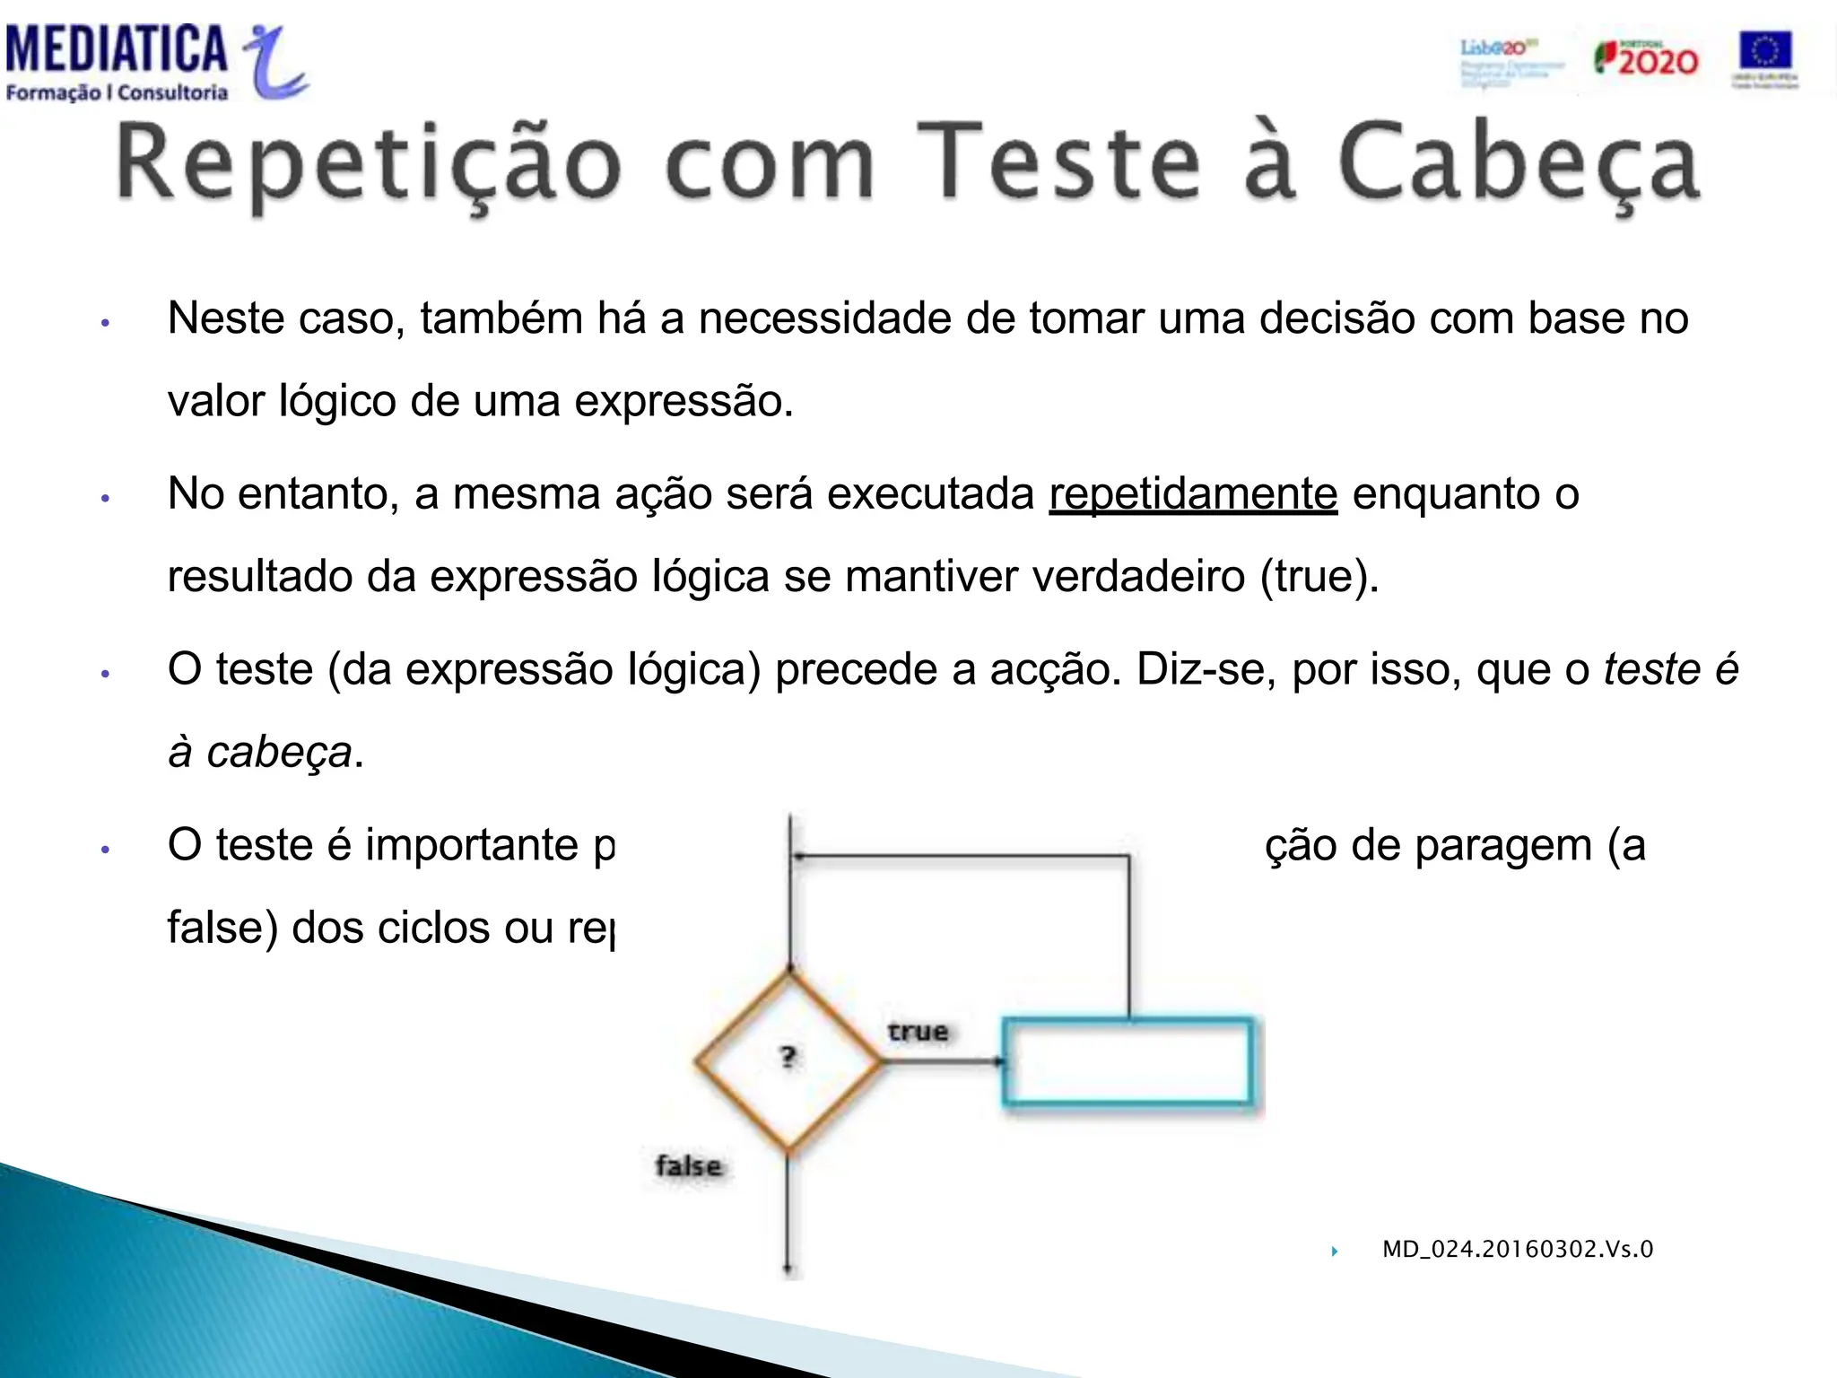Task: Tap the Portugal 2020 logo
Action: point(1646,59)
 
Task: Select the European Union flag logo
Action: point(1764,57)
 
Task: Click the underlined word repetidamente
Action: point(1193,493)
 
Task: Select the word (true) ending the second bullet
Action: point(1319,576)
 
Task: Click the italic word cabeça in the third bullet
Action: point(279,752)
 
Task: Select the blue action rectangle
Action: point(1127,1061)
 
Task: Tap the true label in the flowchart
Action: point(918,1032)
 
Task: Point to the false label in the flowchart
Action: point(688,1165)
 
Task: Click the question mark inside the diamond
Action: point(788,1057)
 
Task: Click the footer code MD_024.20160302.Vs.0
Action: point(1517,1249)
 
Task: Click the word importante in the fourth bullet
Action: point(472,845)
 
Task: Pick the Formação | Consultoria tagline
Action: point(117,92)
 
